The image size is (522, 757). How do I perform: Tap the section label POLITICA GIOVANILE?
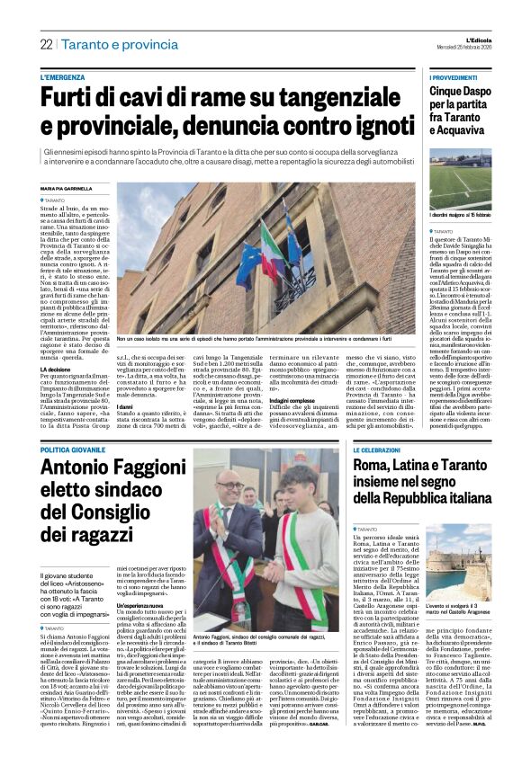pyautogui.click(x=80, y=448)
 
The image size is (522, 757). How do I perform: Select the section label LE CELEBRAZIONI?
pyautogui.click(x=382, y=448)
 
